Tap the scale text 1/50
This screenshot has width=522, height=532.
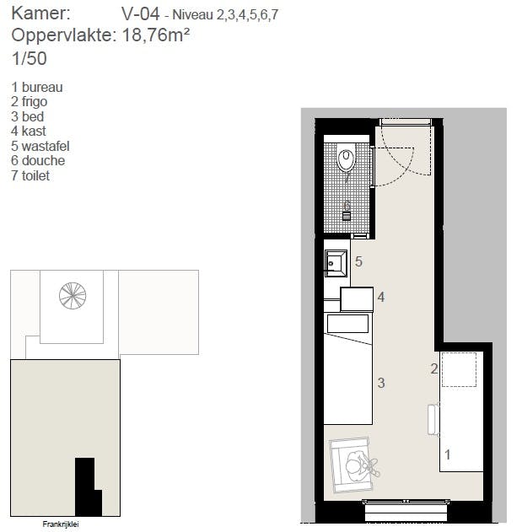click(x=30, y=59)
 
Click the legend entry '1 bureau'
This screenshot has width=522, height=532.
click(x=37, y=87)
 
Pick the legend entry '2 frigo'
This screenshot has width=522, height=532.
click(x=35, y=102)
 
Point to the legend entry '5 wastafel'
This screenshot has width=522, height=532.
click(x=40, y=146)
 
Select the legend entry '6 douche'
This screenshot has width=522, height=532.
click(x=38, y=160)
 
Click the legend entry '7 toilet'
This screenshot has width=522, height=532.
click(x=31, y=175)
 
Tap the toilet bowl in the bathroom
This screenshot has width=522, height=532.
click(x=346, y=158)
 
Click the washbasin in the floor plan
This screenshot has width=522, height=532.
click(x=336, y=263)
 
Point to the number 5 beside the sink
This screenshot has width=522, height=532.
click(x=358, y=262)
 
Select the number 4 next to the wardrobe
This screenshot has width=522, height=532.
click(x=381, y=297)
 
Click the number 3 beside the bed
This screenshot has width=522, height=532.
click(x=381, y=383)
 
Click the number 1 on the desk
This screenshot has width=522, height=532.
click(x=447, y=454)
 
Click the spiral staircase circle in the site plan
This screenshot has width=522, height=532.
click(x=73, y=295)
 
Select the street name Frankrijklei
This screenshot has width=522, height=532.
click(x=66, y=524)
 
